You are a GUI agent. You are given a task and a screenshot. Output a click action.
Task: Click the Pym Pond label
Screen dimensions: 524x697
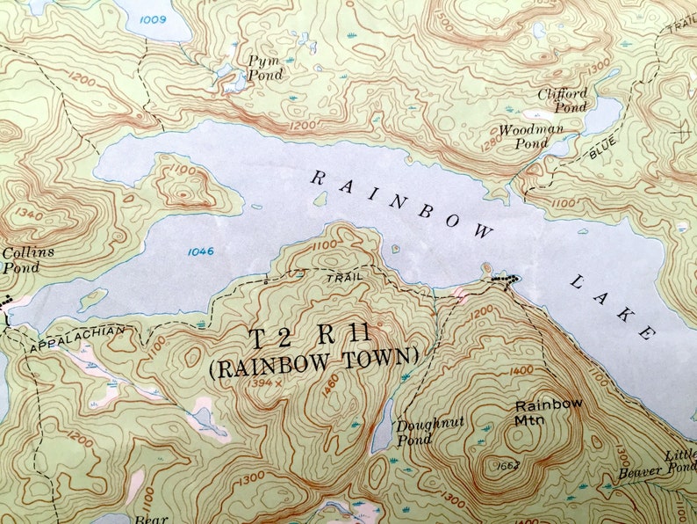click(265, 68)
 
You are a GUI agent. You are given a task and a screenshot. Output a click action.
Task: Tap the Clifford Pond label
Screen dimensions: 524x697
click(562, 99)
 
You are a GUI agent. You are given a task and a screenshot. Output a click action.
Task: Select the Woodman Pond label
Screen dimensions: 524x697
click(530, 135)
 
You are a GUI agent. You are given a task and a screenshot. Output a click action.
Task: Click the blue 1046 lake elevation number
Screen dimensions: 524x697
click(200, 251)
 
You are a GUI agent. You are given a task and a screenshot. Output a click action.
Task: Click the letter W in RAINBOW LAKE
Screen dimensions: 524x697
click(482, 230)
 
